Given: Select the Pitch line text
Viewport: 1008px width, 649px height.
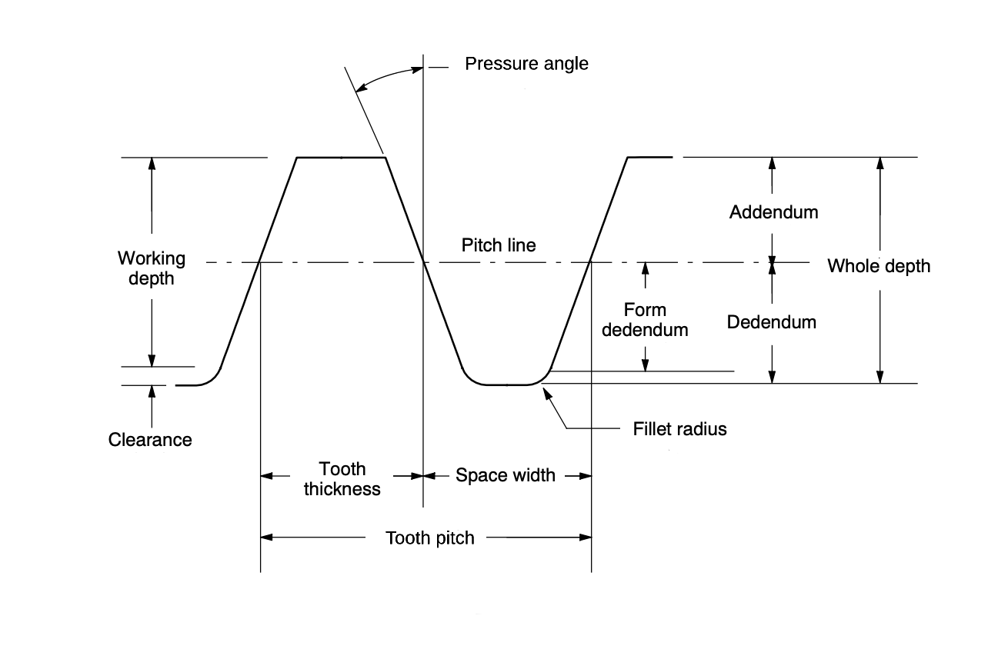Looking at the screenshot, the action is click(x=499, y=245).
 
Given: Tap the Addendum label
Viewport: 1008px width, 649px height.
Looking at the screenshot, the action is click(x=773, y=212).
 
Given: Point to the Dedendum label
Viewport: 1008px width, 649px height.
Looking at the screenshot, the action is click(x=771, y=322).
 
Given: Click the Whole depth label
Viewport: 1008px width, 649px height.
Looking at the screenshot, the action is click(x=879, y=266).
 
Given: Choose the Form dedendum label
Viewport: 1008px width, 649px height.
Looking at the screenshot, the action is click(x=645, y=320).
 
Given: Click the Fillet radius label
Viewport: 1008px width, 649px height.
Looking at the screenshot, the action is click(x=679, y=429).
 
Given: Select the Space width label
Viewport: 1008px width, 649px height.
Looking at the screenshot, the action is click(x=506, y=475).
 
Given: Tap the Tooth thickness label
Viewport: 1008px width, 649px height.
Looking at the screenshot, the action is click(x=342, y=479).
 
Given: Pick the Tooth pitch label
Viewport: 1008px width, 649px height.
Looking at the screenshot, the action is click(x=430, y=538).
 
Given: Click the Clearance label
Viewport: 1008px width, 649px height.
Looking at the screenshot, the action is click(x=150, y=440).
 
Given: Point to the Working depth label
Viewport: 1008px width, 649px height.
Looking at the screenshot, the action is click(x=151, y=268).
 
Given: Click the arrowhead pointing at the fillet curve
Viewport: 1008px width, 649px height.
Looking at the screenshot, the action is click(x=547, y=394).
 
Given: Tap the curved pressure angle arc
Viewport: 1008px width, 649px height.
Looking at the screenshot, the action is click(x=386, y=75).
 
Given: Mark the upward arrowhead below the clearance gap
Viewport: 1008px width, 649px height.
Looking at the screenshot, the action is click(x=152, y=391).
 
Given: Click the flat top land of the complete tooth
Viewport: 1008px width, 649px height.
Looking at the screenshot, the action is click(x=341, y=158).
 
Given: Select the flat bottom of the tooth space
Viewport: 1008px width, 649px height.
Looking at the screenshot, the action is click(x=507, y=385).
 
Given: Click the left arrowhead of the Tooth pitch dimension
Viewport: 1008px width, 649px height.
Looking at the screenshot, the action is click(x=266, y=537).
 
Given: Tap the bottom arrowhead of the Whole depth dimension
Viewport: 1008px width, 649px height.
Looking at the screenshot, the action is click(x=879, y=377).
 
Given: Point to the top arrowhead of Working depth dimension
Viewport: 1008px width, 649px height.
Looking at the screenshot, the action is click(x=152, y=164).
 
